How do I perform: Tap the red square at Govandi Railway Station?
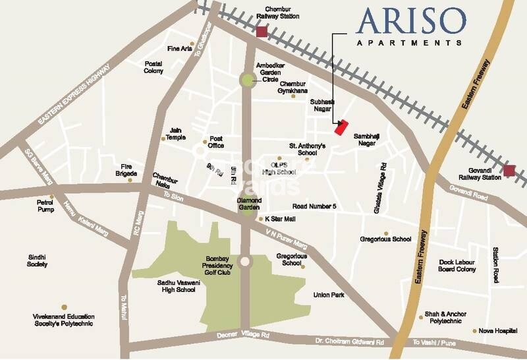pyautogui.click(x=509, y=171)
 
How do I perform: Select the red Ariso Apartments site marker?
pyautogui.click(x=341, y=127)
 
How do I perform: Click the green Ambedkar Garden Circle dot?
pyautogui.click(x=246, y=80)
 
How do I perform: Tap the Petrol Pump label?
pyautogui.click(x=45, y=204)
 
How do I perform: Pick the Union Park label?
pyautogui.click(x=330, y=295)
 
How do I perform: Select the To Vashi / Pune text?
pyautogui.click(x=434, y=342)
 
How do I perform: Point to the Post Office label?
pyautogui.click(x=217, y=142)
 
